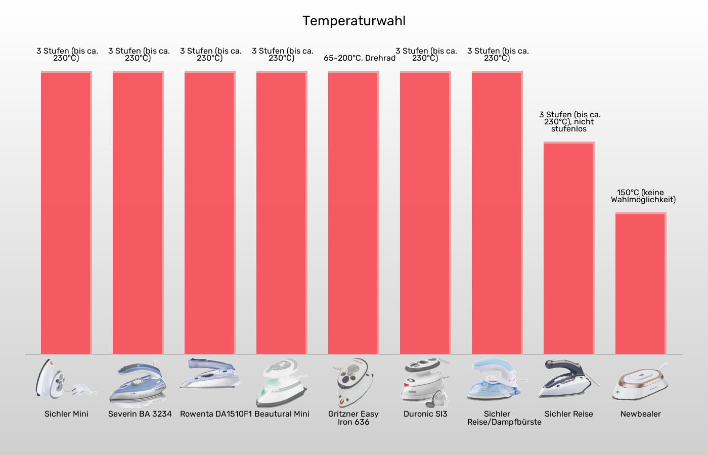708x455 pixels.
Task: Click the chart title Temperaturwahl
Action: click(354, 21)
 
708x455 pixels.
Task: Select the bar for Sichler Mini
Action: click(66, 212)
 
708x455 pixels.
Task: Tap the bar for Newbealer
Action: click(640, 283)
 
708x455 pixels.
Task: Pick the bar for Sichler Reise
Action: click(568, 248)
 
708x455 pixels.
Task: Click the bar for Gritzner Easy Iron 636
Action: click(353, 212)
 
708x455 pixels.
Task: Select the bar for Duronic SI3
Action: click(425, 212)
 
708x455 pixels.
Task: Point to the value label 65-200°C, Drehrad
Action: click(359, 58)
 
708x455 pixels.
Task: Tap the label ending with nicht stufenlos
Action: click(569, 122)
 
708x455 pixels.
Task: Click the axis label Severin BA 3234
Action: click(140, 414)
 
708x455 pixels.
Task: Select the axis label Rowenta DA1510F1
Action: click(215, 414)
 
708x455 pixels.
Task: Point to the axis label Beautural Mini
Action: click(282, 414)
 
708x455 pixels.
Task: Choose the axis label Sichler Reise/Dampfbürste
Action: click(504, 418)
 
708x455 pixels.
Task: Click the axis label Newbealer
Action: click(640, 414)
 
